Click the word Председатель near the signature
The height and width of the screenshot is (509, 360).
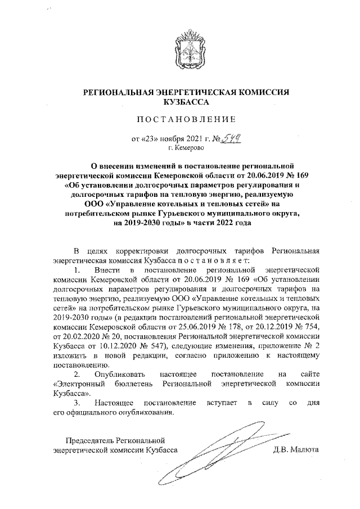(91, 439)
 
